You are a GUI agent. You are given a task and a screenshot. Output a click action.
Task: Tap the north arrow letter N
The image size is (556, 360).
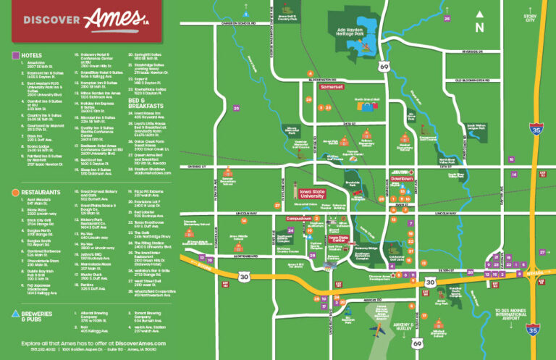(x=479, y=28)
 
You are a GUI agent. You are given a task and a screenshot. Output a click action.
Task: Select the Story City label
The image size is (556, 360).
(x=531, y=17)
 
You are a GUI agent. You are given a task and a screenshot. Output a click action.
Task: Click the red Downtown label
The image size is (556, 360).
(x=402, y=177)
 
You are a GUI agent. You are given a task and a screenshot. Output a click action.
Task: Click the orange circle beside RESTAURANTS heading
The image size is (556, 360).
(x=15, y=193)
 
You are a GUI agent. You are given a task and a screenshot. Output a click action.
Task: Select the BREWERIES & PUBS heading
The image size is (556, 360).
(x=41, y=314)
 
